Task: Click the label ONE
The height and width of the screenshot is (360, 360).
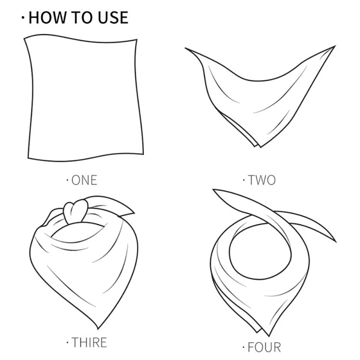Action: point(84,180)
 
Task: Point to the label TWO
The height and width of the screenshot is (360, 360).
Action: point(262,180)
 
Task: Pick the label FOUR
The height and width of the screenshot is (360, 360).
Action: point(264,347)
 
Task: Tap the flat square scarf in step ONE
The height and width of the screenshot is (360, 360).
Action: point(85,97)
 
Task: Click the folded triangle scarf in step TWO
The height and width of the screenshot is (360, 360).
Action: point(259,97)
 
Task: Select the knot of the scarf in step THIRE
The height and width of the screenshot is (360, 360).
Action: point(76,210)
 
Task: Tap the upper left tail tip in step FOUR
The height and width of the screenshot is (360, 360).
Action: point(214,191)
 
